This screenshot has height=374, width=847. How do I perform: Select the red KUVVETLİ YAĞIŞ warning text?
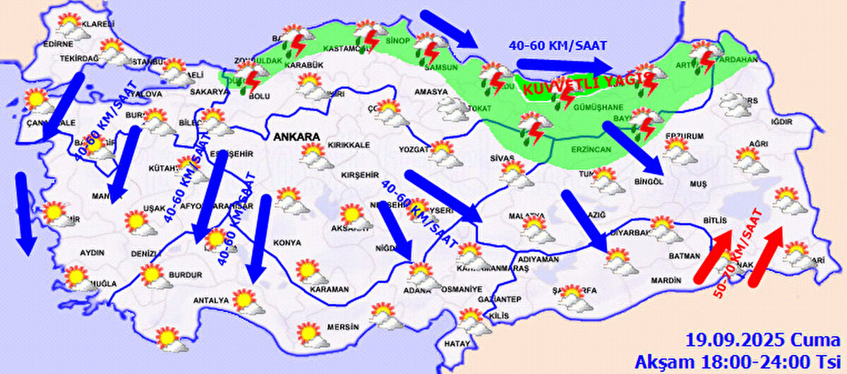tap(582, 85)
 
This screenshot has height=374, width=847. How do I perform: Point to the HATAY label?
tap(455, 344)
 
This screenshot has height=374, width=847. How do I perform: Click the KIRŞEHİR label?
tap(356, 174)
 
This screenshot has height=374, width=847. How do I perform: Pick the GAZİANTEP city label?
tap(500, 300)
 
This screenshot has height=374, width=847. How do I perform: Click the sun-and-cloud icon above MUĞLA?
tap(78, 277)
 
